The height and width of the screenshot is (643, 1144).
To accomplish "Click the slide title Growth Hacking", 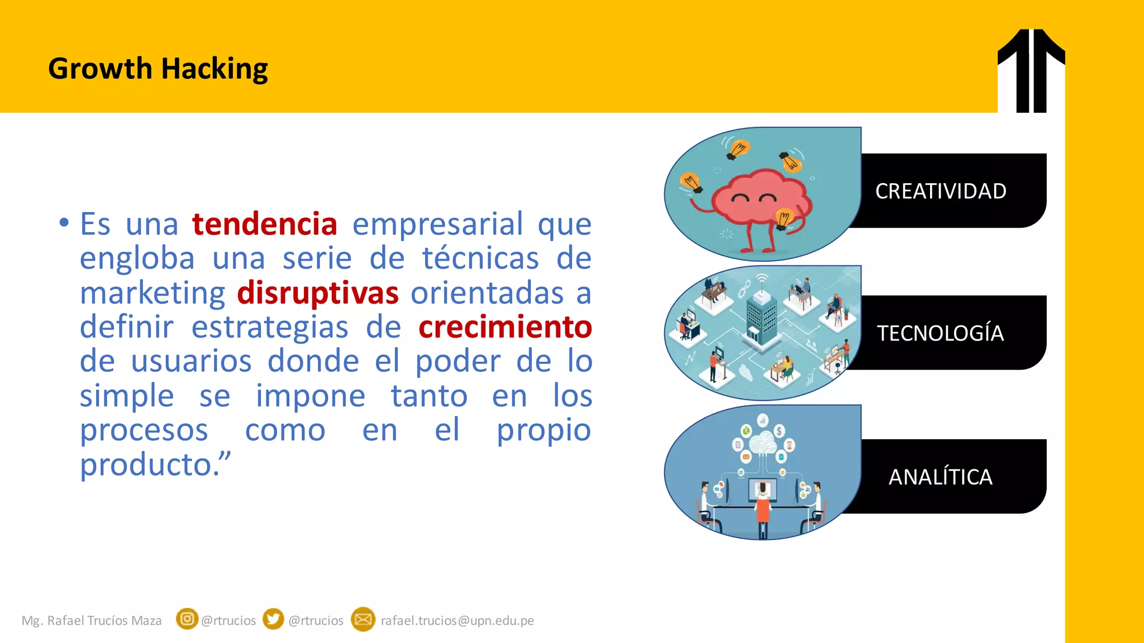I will click(x=158, y=69).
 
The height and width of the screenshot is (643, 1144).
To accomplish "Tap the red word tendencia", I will click(x=265, y=224).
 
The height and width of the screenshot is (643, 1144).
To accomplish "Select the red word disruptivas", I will click(x=318, y=293).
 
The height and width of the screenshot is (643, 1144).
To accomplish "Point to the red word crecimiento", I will click(x=505, y=327).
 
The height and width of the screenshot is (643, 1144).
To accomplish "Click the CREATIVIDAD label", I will click(x=941, y=191).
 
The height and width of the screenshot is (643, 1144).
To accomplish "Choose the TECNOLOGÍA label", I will click(x=940, y=333).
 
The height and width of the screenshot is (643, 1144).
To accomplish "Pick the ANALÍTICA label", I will click(x=941, y=477).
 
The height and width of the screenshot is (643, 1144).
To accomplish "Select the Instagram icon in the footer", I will click(x=187, y=619).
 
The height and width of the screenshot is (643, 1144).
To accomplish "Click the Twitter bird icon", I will click(x=273, y=619).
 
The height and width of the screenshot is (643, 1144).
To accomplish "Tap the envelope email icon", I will click(x=363, y=619).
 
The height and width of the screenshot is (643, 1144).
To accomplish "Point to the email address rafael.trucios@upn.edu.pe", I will click(x=457, y=621).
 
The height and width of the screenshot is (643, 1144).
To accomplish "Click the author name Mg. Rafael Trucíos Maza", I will click(x=92, y=621).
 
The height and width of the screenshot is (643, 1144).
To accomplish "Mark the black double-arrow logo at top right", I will click(x=1031, y=70).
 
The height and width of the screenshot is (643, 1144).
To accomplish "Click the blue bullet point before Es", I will click(x=64, y=223).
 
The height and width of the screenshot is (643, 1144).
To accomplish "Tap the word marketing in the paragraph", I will click(x=152, y=293).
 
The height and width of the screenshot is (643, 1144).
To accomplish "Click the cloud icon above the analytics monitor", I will click(x=761, y=444).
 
